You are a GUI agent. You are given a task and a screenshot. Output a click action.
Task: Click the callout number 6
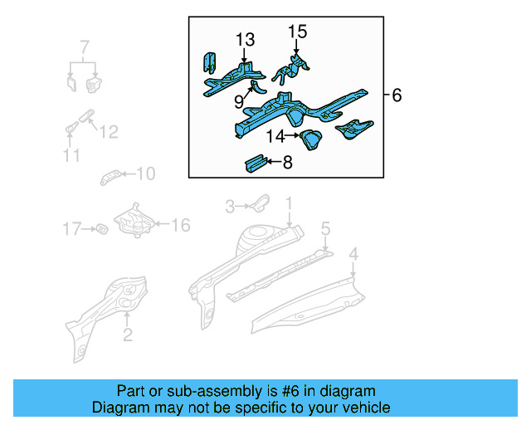[397, 96]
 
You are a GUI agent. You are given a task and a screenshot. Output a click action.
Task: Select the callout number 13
[245, 40]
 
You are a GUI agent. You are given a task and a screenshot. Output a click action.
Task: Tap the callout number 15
[297, 32]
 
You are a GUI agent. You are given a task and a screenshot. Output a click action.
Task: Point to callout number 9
[239, 102]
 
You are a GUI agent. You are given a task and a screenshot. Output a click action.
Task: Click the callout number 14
[275, 135]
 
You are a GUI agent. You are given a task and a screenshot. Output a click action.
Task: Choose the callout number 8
[287, 163]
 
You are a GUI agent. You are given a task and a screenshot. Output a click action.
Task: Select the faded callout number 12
[109, 132]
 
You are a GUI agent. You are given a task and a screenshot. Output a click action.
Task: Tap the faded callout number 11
[71, 155]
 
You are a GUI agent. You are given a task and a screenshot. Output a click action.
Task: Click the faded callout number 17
[72, 227]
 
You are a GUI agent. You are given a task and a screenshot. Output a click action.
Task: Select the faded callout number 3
[231, 204]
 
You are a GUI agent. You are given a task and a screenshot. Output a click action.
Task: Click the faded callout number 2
[127, 335]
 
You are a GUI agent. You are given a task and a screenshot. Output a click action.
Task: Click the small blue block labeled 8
[253, 164]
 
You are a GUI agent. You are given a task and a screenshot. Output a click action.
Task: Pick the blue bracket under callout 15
[296, 66]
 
